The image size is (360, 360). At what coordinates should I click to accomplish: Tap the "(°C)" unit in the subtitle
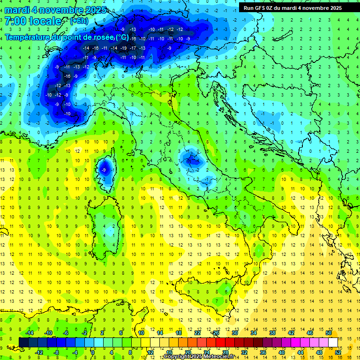point(122,37)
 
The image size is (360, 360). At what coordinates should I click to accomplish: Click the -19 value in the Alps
point(123,48)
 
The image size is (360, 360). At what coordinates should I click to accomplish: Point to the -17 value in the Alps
point(133,48)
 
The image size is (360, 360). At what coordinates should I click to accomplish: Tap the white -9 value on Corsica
point(104,169)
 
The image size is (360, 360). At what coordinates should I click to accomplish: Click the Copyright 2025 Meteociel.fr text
point(199,357)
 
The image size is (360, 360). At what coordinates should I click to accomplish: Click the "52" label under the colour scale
point(338,352)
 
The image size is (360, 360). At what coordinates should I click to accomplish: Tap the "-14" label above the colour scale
point(29,333)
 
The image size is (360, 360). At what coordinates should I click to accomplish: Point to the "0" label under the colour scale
point(93,352)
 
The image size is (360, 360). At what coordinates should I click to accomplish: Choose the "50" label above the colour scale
point(329,333)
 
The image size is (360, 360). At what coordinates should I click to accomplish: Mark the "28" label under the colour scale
point(225,352)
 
